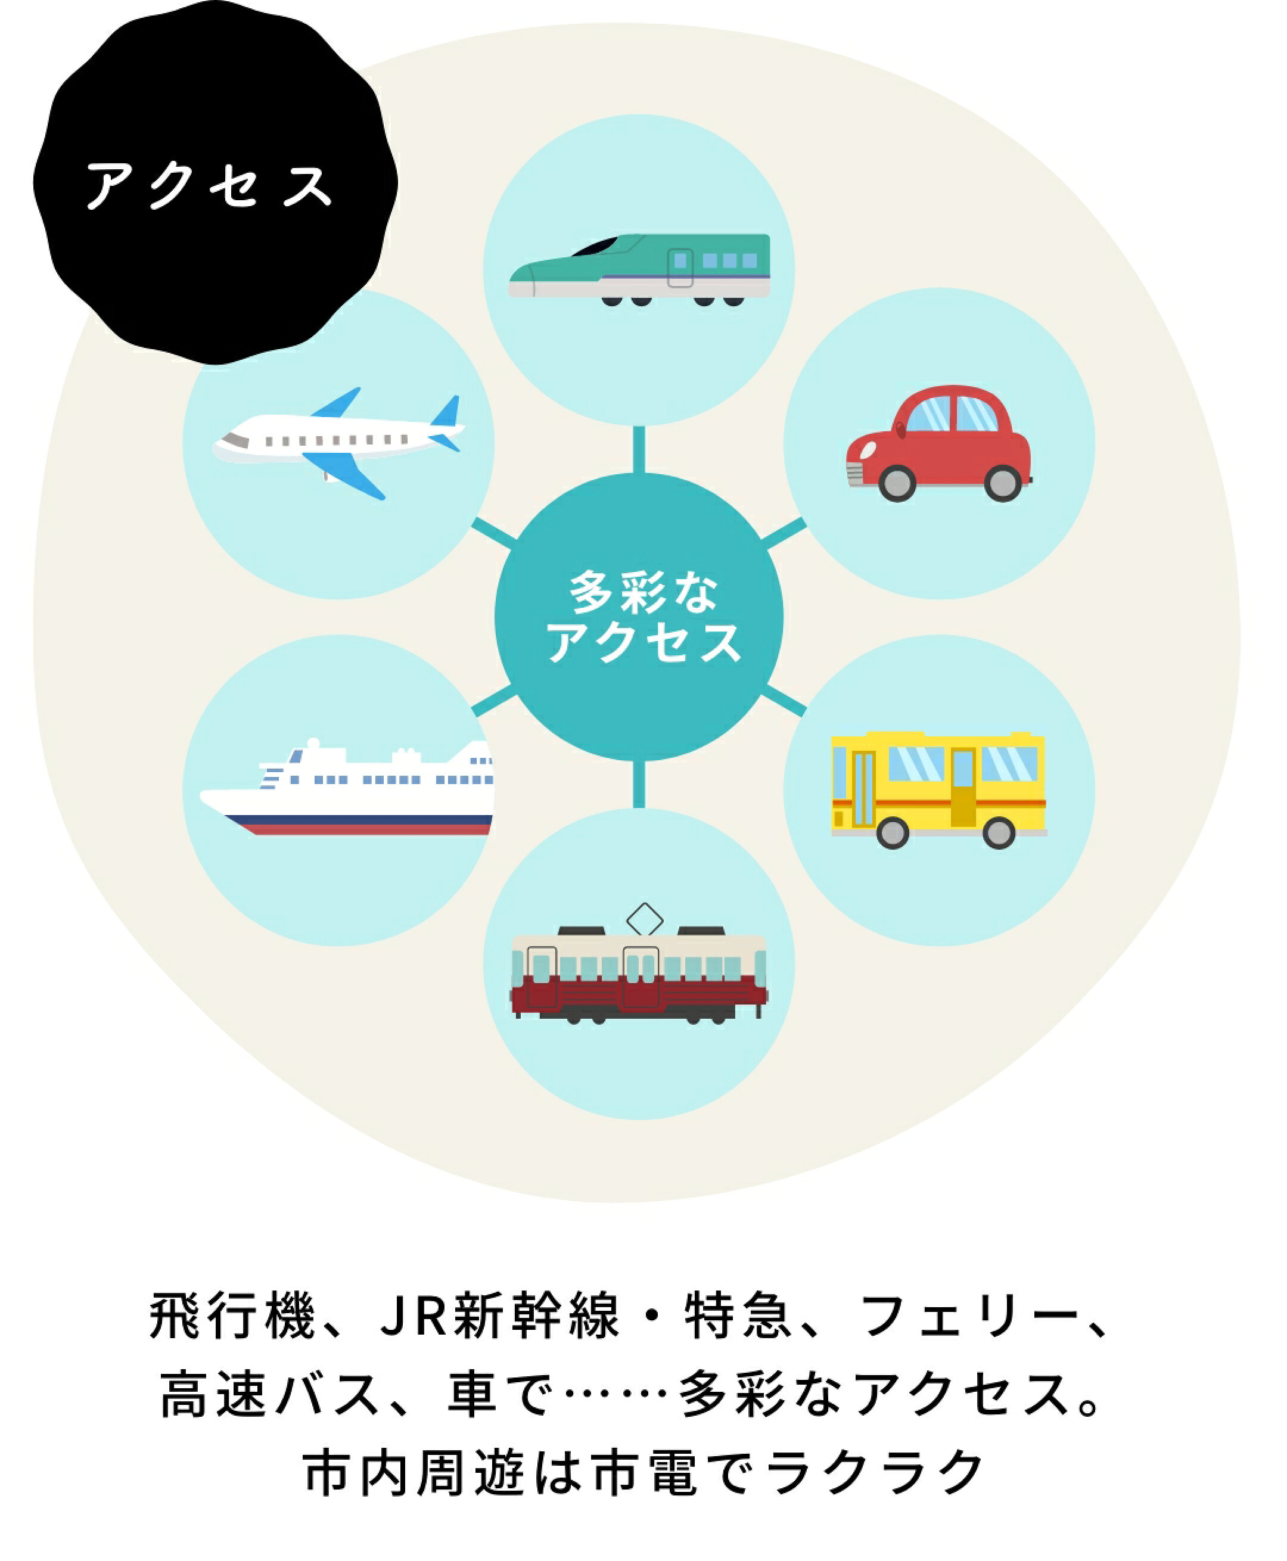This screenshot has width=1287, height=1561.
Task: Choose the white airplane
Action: (x=337, y=441)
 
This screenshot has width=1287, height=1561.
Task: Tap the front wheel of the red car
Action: (x=897, y=483)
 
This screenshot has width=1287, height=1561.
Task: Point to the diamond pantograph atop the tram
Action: (x=644, y=919)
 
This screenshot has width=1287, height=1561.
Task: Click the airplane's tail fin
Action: (x=447, y=412)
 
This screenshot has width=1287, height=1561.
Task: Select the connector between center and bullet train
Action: (x=639, y=449)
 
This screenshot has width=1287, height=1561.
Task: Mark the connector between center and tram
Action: (x=639, y=784)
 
